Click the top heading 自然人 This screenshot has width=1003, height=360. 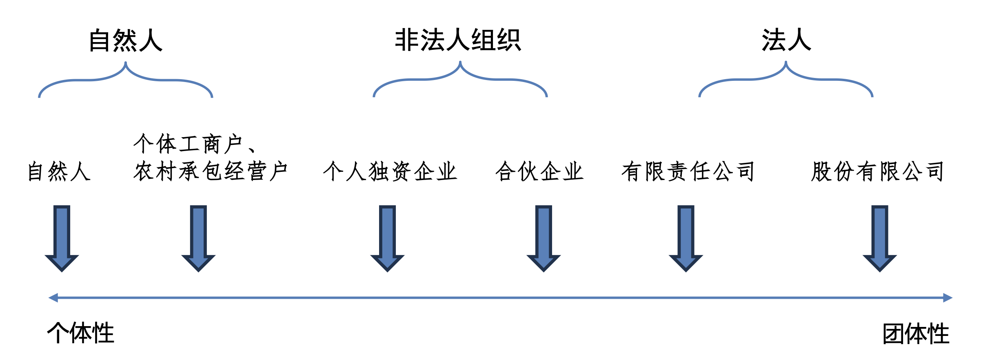pos(126,40)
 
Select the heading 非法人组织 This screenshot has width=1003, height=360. pos(458,40)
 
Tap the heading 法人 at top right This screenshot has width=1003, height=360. pos(786,40)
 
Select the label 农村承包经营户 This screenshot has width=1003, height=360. pos(211,171)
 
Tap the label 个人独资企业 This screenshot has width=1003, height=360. pos(390,171)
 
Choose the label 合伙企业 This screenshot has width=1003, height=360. pos(539,171)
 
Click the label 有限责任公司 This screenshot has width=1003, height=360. pos(688,171)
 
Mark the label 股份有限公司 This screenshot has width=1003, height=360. pos(877,171)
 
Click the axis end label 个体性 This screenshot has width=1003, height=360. pos(81,333)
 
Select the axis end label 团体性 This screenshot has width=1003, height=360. pos(916,333)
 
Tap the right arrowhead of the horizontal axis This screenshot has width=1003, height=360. pos(948,298)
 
